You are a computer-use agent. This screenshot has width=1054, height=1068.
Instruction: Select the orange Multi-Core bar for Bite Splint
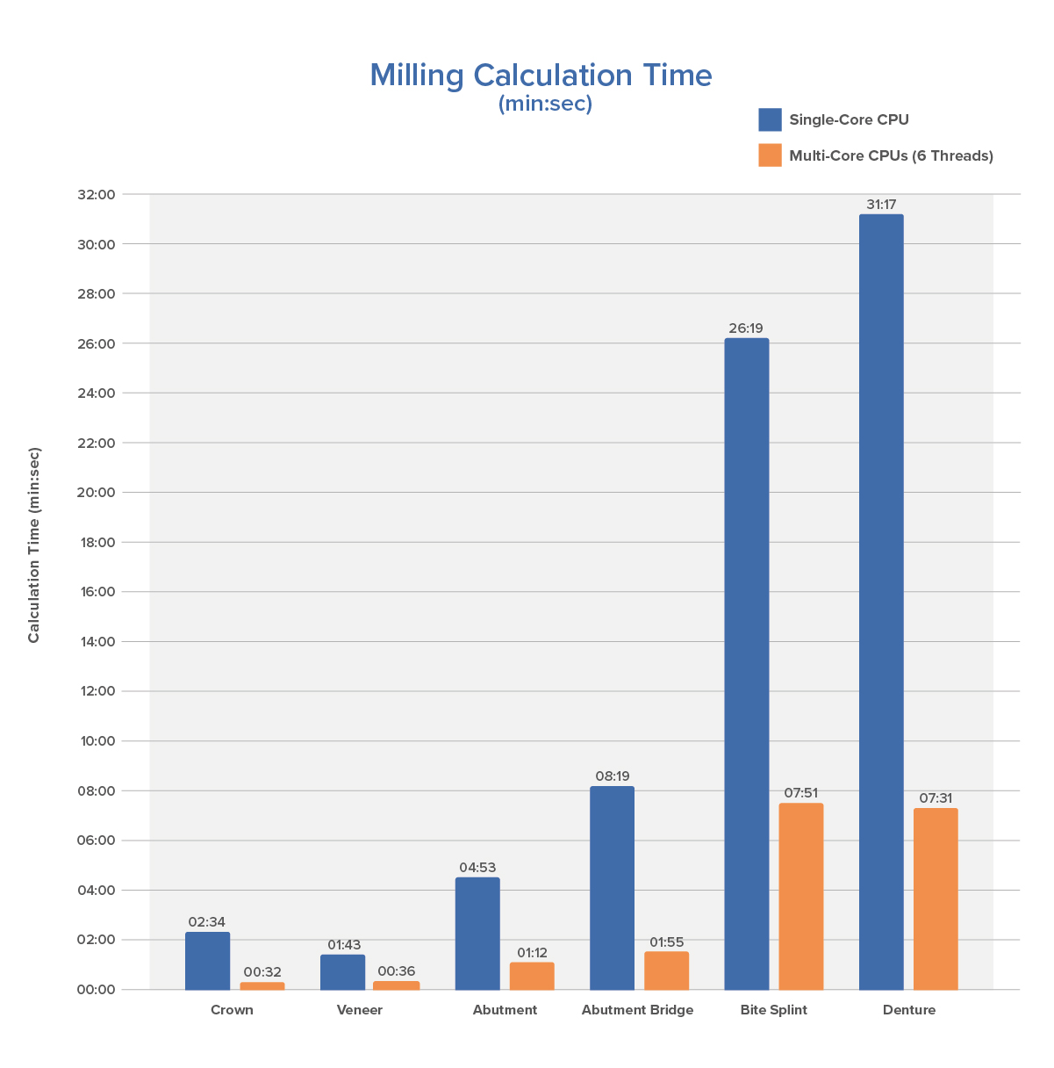coord(800,896)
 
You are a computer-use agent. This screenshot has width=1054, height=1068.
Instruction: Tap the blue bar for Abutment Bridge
coord(612,887)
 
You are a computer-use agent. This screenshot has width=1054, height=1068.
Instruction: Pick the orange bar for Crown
coord(262,985)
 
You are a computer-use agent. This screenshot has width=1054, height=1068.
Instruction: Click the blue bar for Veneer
coord(342,971)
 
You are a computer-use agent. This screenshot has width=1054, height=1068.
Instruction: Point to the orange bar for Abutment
coord(532,976)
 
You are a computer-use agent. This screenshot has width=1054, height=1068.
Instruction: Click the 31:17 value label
coord(881,205)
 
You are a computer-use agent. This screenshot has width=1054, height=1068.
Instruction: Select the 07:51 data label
coord(800,793)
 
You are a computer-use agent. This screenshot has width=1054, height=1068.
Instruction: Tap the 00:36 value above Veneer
coord(397,971)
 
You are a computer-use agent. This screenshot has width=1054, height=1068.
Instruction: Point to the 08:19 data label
coord(612,776)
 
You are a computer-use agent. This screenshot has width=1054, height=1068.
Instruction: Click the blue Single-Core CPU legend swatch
coord(770,119)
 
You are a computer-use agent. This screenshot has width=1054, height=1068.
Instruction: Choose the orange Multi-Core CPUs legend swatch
coord(770,155)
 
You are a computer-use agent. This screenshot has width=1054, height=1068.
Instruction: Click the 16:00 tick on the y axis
coord(97,592)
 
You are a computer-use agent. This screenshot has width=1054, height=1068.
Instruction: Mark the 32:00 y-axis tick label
coord(97,195)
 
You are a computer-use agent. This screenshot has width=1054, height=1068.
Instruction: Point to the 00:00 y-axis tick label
coord(97,990)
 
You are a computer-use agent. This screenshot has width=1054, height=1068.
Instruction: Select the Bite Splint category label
coord(773,1010)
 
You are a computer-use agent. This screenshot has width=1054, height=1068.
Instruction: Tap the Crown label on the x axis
coord(232,1010)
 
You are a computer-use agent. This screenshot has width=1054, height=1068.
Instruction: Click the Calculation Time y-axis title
coord(34,545)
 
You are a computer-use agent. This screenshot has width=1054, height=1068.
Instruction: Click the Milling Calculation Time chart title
coord(541,76)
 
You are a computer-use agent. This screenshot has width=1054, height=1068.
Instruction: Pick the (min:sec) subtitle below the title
coord(545,104)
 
